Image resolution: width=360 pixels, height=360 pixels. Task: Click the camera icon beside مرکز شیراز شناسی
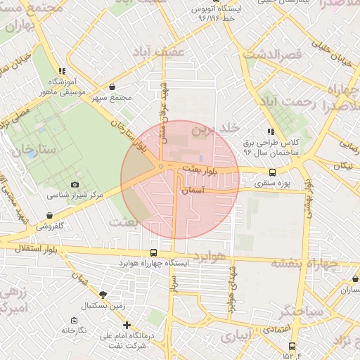[x=75, y=185]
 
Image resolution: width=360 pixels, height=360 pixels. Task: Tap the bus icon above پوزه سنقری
[x=272, y=172]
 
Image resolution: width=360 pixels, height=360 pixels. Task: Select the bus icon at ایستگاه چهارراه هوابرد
[x=153, y=252]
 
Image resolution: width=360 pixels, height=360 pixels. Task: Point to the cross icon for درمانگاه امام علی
[x=127, y=325]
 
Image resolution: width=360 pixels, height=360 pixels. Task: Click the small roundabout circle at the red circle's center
[x=161, y=167]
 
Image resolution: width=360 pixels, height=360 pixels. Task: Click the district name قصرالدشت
[x=271, y=53]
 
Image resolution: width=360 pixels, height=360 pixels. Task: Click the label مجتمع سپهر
[x=116, y=98]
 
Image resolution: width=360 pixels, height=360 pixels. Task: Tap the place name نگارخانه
[x=73, y=330]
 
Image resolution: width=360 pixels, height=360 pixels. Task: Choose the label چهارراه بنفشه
[x=304, y=264]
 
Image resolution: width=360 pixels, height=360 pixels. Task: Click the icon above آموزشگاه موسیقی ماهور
[x=62, y=71]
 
